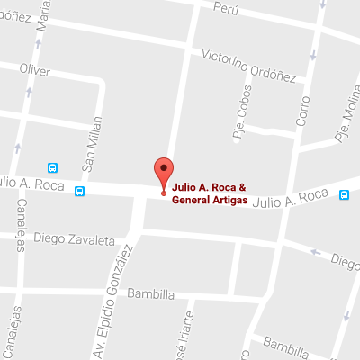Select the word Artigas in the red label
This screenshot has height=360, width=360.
coord(227,200)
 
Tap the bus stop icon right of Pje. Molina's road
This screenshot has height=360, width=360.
coord(345,193)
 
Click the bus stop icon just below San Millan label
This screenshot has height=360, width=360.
coord(81,191)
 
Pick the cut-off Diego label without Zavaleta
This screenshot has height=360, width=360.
coord(345,261)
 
